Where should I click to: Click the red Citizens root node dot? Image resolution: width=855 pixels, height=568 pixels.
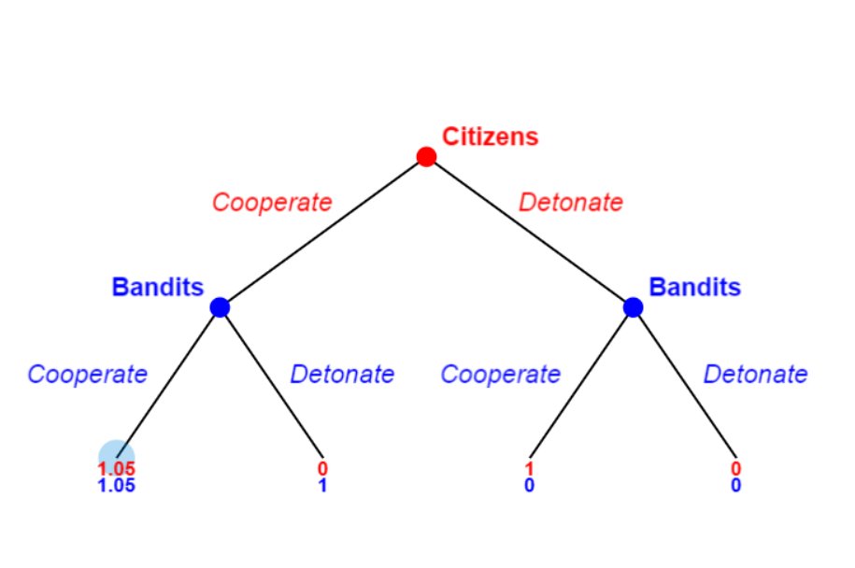pyautogui.click(x=426, y=157)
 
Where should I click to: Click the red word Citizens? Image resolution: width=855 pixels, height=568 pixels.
pyautogui.click(x=490, y=136)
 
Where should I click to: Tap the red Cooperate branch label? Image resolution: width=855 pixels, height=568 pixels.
pyautogui.click(x=272, y=202)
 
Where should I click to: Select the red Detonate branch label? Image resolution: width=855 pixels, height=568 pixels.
pyautogui.click(x=571, y=202)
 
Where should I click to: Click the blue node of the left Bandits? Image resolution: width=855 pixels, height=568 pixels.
pyautogui.click(x=221, y=306)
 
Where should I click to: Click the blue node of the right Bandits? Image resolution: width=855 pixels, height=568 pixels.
pyautogui.click(x=633, y=306)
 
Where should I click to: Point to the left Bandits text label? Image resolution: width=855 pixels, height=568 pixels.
pyautogui.click(x=157, y=287)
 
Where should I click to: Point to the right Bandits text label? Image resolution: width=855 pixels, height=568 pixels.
pyautogui.click(x=694, y=287)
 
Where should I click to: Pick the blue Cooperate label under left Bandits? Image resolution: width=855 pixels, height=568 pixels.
pyautogui.click(x=88, y=375)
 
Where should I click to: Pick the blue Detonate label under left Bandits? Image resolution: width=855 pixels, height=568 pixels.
pyautogui.click(x=342, y=375)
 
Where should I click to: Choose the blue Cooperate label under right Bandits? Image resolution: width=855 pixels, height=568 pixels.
pyautogui.click(x=501, y=375)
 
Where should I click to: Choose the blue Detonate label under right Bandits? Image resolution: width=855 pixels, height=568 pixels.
pyautogui.click(x=755, y=375)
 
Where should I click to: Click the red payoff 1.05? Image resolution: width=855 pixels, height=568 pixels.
pyautogui.click(x=117, y=469)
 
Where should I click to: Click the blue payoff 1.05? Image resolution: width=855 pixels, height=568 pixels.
pyautogui.click(x=117, y=486)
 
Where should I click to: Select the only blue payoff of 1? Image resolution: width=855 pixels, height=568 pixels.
pyautogui.click(x=322, y=486)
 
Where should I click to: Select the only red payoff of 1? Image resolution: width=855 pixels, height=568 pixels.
pyautogui.click(x=530, y=469)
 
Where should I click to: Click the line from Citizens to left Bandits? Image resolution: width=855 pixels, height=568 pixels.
pyautogui.click(x=323, y=232)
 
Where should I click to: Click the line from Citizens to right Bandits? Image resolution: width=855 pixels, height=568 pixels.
pyautogui.click(x=529, y=232)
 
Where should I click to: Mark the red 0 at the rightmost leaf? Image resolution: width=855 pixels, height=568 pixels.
pyautogui.click(x=736, y=469)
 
